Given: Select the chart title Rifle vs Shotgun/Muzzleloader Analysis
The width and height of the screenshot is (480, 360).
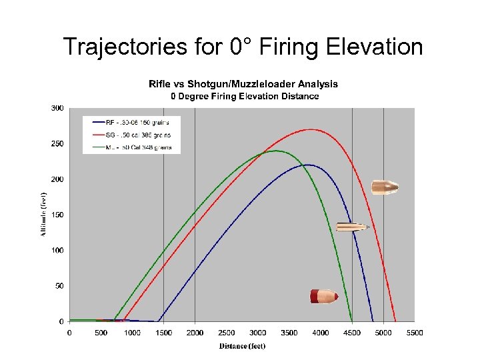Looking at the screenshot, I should (x=243, y=84).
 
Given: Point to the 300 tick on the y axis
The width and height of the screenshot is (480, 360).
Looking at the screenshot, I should (x=58, y=108).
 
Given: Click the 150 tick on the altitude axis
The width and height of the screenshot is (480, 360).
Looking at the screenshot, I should (x=58, y=215).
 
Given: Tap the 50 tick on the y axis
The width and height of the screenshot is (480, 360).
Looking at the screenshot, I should (x=60, y=286).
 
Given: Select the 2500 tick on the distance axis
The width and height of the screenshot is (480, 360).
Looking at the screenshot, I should (x=226, y=333).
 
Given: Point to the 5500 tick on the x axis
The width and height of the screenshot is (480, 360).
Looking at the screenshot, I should (x=414, y=333).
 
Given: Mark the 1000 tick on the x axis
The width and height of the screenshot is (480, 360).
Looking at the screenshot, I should (x=132, y=333).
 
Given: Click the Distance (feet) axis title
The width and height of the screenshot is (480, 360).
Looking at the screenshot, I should (x=242, y=345).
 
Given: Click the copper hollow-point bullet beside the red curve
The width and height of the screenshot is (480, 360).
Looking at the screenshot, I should (x=385, y=187).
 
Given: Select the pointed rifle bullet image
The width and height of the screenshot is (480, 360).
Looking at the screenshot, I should (x=353, y=227).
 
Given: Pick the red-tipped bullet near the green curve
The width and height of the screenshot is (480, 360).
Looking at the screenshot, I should (x=324, y=296).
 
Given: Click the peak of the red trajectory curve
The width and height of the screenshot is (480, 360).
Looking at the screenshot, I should (x=311, y=129).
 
